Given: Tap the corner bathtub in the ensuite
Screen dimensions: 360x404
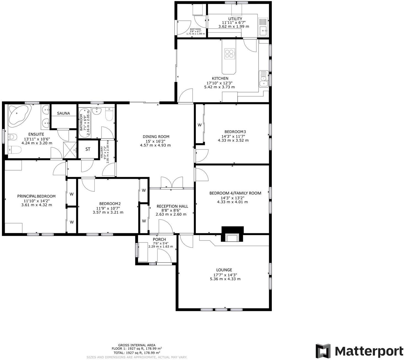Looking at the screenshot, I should pos(18,115).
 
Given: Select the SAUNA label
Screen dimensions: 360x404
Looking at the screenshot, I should pos(63,113).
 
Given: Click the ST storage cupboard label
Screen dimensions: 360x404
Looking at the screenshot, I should pos(88,149).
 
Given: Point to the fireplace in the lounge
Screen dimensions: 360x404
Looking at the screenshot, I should pos(232,237).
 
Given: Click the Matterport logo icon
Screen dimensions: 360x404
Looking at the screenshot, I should pos(323,351).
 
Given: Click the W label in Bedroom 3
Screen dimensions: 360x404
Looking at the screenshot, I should pos(200,125).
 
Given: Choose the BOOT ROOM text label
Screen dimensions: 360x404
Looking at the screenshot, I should pos(196,29).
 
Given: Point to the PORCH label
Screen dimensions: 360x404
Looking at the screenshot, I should pos(160,239).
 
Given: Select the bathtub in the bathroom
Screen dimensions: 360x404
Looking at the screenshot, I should pos(84,123).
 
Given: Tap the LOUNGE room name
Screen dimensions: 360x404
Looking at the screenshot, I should pos(224,270).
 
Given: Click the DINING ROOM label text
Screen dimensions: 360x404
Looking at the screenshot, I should pos(156,137).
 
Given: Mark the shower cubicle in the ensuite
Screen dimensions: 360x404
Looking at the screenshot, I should pos(70,150).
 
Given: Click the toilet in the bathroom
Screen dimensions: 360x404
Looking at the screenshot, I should pos(109,115).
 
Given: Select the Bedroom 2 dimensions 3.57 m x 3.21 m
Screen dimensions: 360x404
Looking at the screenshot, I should pos(108,212).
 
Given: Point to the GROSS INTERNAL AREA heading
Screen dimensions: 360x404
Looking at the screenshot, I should pos(137,345).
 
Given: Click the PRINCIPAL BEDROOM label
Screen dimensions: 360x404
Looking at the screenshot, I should pos(36,196).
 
